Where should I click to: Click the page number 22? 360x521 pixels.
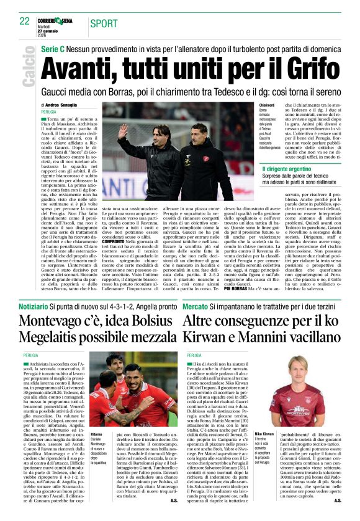(x=25, y=21)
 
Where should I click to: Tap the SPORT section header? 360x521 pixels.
(x=104, y=24)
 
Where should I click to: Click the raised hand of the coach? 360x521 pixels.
(x=124, y=131)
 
